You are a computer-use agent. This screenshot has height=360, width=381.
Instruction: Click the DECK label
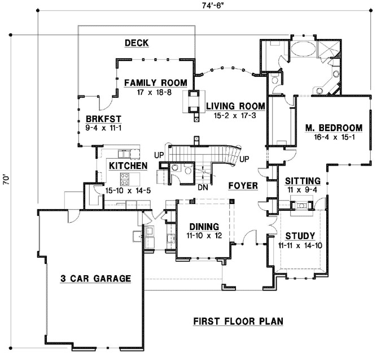tap(137, 43)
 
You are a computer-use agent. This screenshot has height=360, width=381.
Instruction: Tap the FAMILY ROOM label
tap(156, 83)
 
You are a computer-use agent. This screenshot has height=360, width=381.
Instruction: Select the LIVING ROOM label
tap(235, 106)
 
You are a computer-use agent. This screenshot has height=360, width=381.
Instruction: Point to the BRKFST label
tap(103, 119)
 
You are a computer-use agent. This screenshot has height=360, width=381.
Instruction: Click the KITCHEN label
tap(128, 166)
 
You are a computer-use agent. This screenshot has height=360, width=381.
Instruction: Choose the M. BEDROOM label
tap(334, 128)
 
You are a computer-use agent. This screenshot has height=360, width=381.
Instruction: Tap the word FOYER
tap(243, 186)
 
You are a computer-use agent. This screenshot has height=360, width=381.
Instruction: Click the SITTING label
tap(303, 181)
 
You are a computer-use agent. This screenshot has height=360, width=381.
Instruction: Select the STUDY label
tap(300, 236)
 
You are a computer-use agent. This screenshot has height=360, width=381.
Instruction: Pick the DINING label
tap(204, 227)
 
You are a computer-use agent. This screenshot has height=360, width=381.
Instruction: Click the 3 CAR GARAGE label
tap(96, 279)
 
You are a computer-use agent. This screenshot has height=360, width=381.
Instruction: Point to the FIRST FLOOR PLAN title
tap(238, 322)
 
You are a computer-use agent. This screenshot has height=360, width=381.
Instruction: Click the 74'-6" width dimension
tap(213, 6)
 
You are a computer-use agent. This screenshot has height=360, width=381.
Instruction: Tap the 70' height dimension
tap(6, 179)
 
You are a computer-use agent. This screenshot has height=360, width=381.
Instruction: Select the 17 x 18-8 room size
tap(155, 92)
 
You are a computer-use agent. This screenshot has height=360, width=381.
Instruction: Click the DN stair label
tap(203, 188)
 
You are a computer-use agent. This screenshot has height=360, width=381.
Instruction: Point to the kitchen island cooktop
tap(125, 179)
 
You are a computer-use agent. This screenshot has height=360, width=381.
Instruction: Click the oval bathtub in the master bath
tap(303, 49)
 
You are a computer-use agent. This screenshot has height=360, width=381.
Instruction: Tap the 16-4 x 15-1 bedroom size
tap(334, 137)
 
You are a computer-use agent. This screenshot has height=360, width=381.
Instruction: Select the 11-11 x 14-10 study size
tap(300, 245)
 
